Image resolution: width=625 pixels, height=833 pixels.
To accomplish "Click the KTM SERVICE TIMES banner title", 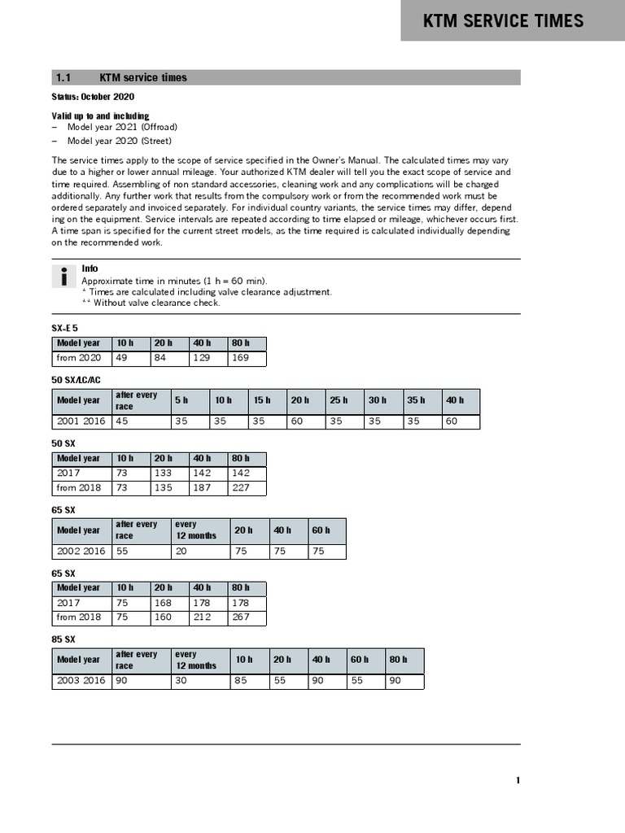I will tap(503, 21).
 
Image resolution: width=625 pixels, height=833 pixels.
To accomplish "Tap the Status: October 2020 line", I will tap(94, 97).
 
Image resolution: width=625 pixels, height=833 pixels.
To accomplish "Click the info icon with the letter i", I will tap(63, 277).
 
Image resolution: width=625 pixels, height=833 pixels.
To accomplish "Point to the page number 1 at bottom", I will tap(518, 781).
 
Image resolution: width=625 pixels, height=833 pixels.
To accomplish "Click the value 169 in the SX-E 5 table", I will tap(240, 358).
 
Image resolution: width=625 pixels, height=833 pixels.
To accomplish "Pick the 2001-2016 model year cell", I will tap(81, 421).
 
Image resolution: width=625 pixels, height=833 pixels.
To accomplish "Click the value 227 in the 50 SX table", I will tap(240, 488).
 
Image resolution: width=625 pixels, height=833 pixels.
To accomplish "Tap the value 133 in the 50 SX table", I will tap(164, 473).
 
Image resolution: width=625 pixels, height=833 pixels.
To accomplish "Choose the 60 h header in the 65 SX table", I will tap(321, 530).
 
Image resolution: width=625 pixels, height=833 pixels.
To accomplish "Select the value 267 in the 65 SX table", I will tap(240, 617).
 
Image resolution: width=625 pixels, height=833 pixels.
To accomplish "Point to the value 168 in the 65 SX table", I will tap(164, 603).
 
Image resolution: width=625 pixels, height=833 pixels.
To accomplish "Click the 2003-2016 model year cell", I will tap(81, 681).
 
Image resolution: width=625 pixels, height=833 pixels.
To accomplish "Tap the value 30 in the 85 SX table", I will tap(181, 681).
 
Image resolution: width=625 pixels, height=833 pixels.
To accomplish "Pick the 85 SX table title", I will tap(63, 639).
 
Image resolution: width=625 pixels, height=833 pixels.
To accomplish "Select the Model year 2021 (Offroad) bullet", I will tap(121, 128).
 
